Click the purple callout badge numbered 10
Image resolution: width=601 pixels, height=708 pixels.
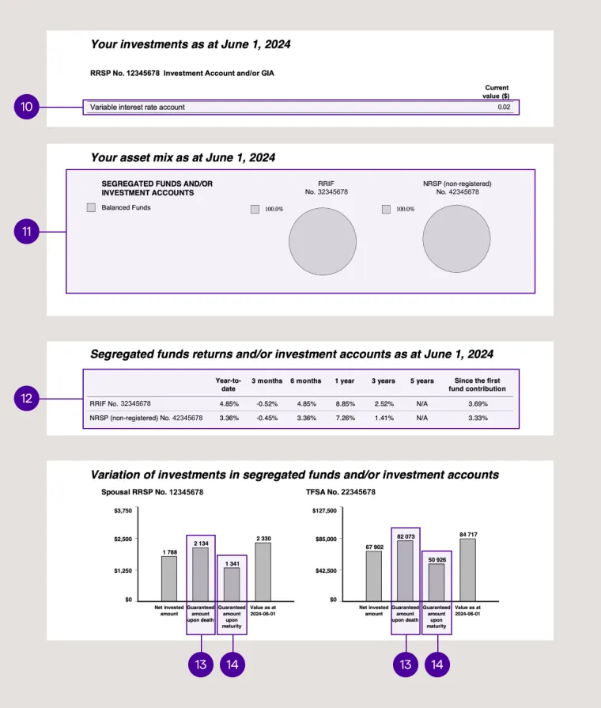[27, 108]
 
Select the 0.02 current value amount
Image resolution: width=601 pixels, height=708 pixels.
[504, 107]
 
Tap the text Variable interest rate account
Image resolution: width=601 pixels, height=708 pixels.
[138, 107]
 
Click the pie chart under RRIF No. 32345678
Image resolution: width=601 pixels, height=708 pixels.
[323, 240]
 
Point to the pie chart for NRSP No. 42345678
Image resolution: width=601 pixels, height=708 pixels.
[456, 240]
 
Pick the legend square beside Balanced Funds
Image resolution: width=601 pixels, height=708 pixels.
[91, 208]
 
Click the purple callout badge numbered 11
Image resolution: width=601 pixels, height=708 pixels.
[27, 232]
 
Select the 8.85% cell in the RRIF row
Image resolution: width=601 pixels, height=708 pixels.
[344, 403]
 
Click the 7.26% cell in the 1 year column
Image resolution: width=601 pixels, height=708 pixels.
[344, 418]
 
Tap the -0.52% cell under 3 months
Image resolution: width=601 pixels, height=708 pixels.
[266, 403]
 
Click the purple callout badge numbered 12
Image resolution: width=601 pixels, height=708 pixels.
[27, 399]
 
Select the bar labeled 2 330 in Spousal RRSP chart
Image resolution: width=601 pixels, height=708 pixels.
[263, 571]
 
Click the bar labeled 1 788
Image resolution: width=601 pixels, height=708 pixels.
[169, 578]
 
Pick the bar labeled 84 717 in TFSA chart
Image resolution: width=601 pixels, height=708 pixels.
[467, 570]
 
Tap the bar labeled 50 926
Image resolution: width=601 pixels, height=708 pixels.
[437, 582]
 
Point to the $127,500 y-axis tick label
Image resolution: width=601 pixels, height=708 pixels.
[325, 510]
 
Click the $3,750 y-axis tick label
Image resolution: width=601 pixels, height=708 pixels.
[122, 510]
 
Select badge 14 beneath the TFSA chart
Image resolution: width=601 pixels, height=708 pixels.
[437, 664]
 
